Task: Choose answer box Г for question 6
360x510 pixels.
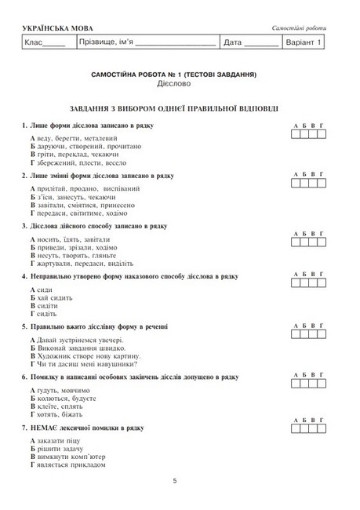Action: click(322, 381)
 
